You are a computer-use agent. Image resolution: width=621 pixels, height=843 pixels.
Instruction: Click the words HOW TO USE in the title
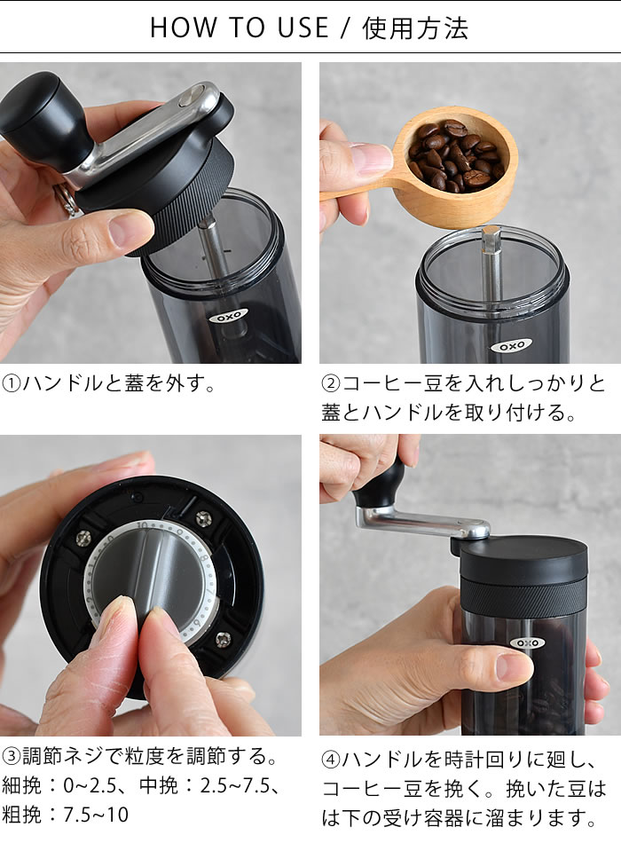click(x=240, y=28)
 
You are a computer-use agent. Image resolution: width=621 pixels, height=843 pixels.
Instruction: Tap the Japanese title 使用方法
click(x=415, y=28)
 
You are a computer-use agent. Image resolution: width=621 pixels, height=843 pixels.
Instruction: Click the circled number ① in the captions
click(x=11, y=384)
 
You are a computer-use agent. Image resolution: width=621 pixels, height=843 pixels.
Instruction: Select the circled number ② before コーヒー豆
click(x=331, y=384)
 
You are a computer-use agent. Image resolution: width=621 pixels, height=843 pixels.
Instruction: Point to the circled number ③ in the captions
click(x=11, y=756)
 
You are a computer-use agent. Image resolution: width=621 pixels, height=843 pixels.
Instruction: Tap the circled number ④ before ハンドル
click(x=331, y=760)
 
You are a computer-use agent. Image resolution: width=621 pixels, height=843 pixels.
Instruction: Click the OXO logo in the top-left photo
click(x=229, y=316)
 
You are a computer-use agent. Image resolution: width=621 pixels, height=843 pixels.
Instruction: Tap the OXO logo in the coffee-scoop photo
click(x=512, y=346)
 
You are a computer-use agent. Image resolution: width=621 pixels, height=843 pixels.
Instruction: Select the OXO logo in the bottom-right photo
click(x=528, y=642)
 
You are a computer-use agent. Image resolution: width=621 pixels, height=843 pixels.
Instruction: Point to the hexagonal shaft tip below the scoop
click(x=491, y=240)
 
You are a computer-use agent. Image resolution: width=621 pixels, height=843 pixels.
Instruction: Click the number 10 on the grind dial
click(x=143, y=525)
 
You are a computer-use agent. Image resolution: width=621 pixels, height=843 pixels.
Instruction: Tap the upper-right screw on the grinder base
click(x=203, y=518)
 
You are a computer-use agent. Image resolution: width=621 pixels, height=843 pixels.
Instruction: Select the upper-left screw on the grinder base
click(x=84, y=537)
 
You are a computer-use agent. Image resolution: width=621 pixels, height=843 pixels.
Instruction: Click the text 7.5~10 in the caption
click(x=96, y=815)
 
